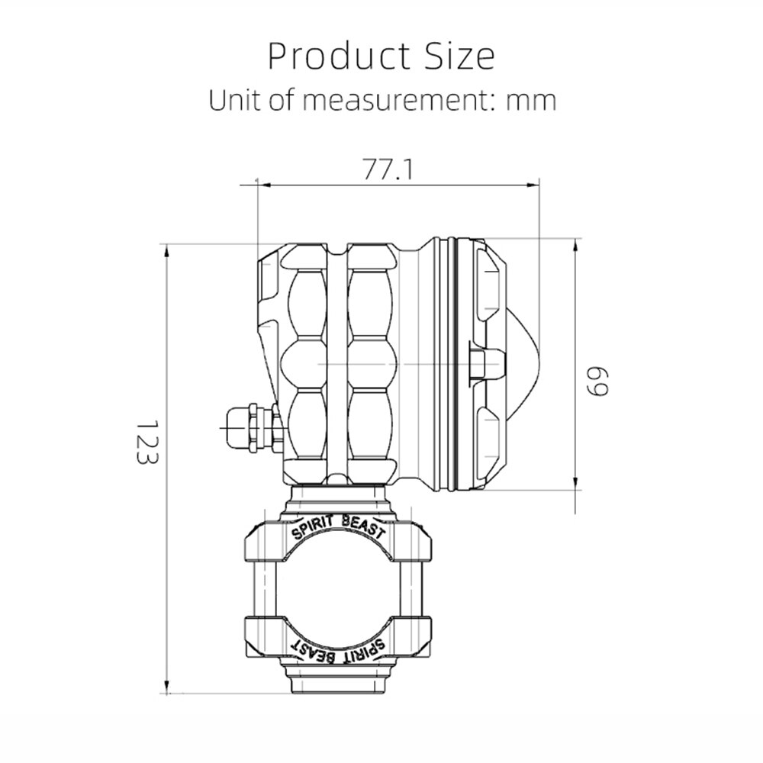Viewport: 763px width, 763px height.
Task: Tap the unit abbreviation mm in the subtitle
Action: tap(531, 101)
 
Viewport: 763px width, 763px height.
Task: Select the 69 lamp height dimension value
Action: tap(597, 382)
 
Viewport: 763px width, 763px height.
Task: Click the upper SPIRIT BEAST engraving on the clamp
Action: tap(338, 527)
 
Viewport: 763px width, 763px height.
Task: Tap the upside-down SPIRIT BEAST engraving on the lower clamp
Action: tap(338, 649)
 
